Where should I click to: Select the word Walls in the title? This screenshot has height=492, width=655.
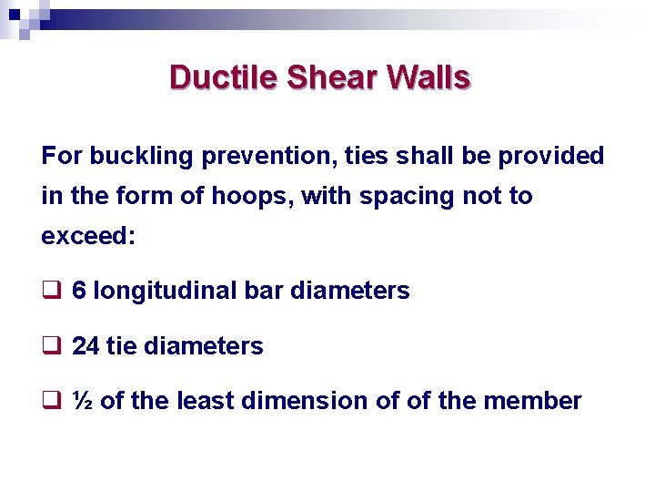coord(428,77)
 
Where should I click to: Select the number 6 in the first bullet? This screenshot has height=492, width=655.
coord(79,292)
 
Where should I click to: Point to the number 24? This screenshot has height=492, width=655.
coord(86,346)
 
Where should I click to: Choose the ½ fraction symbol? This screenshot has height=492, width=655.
coord(82,401)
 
